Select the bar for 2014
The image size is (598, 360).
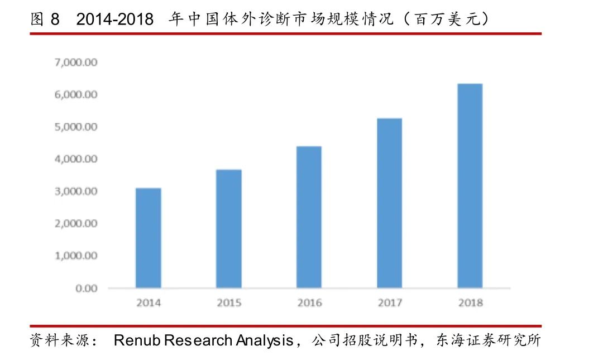pyautogui.click(x=149, y=238)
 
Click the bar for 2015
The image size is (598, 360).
pyautogui.click(x=229, y=229)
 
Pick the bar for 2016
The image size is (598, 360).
pyautogui.click(x=309, y=217)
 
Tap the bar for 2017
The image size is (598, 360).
pyautogui.click(x=389, y=203)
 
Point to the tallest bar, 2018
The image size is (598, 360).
pyautogui.click(x=470, y=186)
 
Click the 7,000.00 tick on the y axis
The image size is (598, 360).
pyautogui.click(x=76, y=63)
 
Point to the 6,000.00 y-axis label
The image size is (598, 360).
pyautogui.click(x=76, y=95)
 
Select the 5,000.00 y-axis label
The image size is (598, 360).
pyautogui.click(x=76, y=127)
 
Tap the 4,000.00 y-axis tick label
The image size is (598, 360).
pyautogui.click(x=76, y=159)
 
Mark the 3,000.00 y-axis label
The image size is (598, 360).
pyautogui.click(x=76, y=191)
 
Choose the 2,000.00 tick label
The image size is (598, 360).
pyautogui.click(x=76, y=224)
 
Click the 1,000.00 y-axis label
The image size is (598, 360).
pyautogui.click(x=76, y=256)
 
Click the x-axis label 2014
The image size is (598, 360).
pyautogui.click(x=149, y=303)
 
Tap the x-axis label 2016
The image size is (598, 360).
pyautogui.click(x=309, y=303)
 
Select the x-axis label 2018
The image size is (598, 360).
pyautogui.click(x=470, y=303)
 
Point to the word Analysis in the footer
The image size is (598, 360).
pyautogui.click(x=264, y=340)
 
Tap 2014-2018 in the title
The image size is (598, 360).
pyautogui.click(x=114, y=20)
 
